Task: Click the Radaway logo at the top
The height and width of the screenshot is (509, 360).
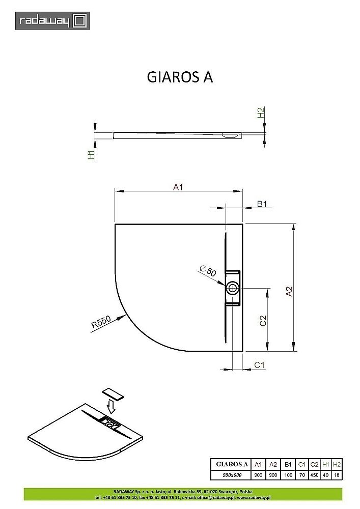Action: pos(52,20)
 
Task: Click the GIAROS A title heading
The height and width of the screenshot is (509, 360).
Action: pos(180,76)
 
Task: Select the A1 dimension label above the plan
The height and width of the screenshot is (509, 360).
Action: pos(178,187)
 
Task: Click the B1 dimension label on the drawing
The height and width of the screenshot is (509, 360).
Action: pos(262,204)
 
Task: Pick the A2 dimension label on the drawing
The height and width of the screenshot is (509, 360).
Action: pos(289,292)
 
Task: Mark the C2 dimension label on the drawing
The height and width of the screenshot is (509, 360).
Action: pos(263,320)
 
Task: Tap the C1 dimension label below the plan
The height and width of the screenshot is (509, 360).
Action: pos(259,364)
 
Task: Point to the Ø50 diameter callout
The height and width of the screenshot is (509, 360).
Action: pos(208,270)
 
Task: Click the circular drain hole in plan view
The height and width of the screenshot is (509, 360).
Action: pos(233,288)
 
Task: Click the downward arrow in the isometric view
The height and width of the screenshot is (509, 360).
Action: pos(111,408)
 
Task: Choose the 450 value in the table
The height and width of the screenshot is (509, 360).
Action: pos(314,474)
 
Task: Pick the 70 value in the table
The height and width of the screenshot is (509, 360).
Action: pos(301,474)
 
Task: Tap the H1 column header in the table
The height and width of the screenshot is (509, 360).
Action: pos(326,464)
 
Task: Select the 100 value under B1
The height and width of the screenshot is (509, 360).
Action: pos(288,474)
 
